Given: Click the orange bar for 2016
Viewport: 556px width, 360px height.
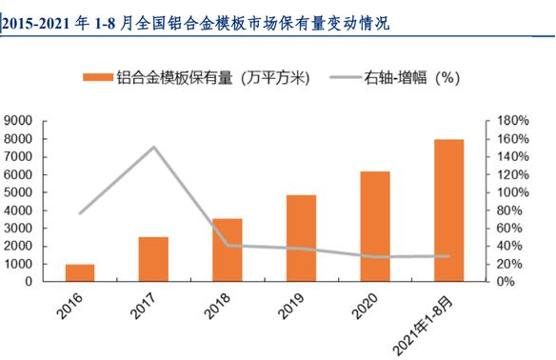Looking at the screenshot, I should click(80, 272).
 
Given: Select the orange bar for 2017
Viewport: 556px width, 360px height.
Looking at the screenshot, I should click(153, 259).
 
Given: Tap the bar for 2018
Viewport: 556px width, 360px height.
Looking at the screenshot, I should click(227, 250).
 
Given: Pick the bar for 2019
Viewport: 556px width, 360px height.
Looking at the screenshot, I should click(301, 238).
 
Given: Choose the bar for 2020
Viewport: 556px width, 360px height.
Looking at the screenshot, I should click(374, 226).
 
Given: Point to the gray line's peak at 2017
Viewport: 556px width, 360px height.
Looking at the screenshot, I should click(153, 147).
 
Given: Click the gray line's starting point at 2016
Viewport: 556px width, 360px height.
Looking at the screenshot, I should click(80, 212).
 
